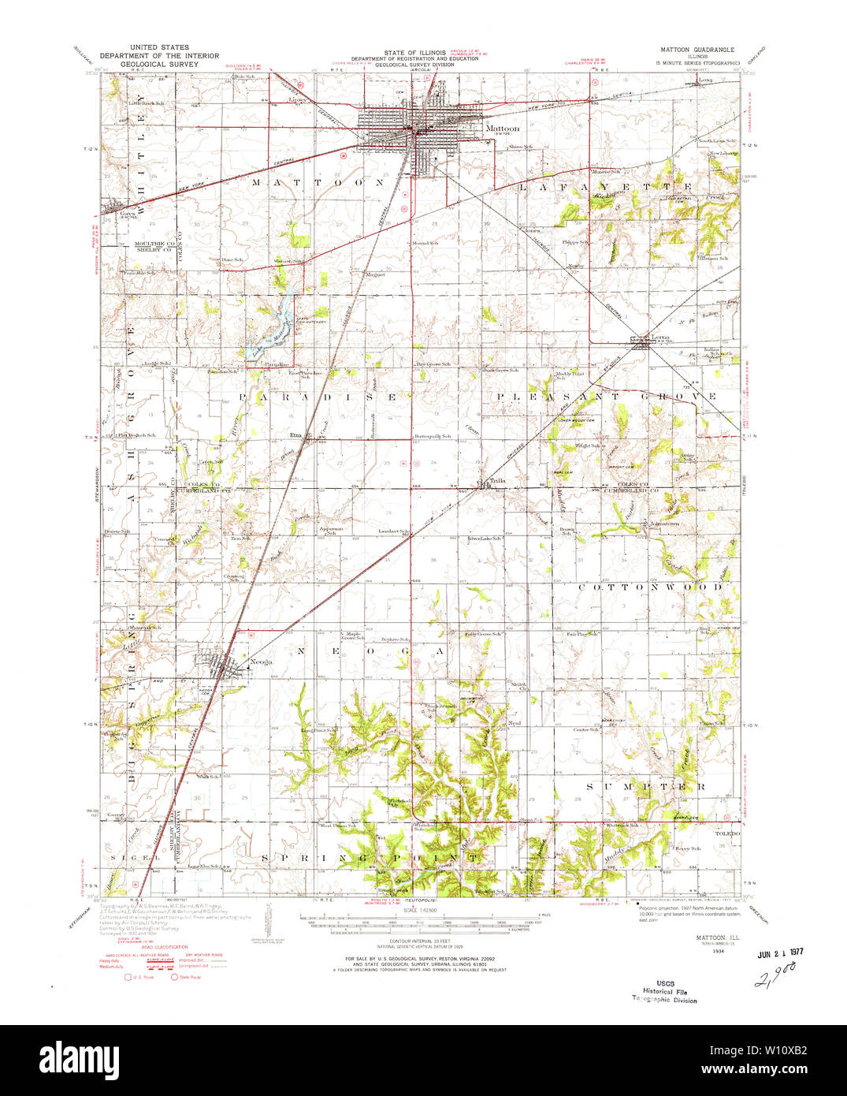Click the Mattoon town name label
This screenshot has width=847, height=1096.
click(502, 128)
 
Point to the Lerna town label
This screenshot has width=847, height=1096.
click(660, 337)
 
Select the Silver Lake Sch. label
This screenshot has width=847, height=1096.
click(485, 539)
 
